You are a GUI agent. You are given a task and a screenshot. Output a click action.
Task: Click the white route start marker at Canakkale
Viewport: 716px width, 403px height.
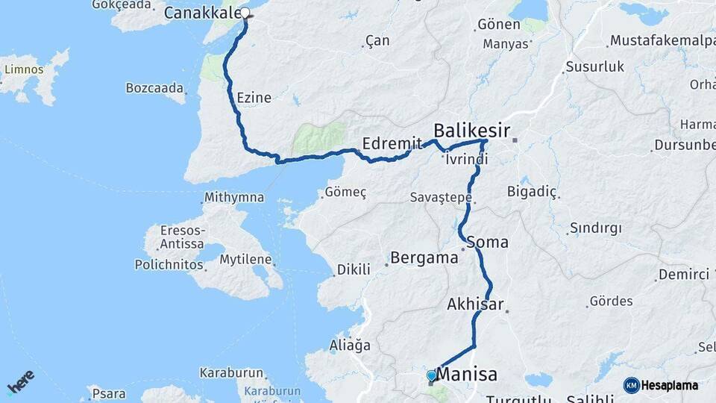tap(245, 13)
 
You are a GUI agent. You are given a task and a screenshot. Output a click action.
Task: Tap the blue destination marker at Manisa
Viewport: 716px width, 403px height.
tap(431, 375)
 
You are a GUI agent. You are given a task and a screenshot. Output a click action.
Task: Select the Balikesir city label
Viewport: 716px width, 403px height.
tap(472, 131)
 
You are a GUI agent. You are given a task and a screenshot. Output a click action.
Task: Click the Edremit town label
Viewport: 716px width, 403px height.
tap(387, 143)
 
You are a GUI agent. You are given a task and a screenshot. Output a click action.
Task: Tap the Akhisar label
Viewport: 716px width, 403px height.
tap(475, 304)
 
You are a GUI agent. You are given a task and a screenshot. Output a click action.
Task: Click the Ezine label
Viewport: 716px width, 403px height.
tap(254, 98)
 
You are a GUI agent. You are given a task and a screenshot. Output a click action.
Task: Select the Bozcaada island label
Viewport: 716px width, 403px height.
tap(154, 88)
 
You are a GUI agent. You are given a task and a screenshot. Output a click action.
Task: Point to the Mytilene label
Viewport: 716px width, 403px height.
tap(246, 260)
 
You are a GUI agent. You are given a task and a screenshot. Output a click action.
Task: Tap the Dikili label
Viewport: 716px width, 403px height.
tap(354, 269)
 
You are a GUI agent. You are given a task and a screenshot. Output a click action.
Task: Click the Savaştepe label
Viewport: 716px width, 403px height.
tap(441, 198)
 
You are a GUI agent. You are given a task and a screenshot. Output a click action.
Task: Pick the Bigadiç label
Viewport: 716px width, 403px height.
tap(532, 192)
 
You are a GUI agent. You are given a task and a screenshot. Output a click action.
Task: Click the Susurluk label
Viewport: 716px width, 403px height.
tap(594, 66)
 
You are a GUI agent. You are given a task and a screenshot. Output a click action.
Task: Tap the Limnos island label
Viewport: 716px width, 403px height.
tap(24, 69)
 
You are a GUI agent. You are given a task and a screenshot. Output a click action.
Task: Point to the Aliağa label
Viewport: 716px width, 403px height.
tap(350, 346)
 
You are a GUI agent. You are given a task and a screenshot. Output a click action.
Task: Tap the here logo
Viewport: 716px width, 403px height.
tap(21, 383)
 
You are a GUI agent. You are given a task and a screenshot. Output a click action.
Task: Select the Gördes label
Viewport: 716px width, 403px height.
tap(611, 302)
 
